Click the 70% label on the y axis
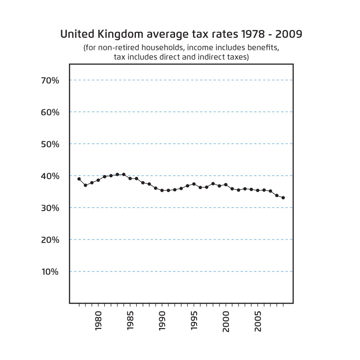click(x=50, y=81)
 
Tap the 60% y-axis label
click(x=50, y=112)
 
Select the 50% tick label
click(x=50, y=144)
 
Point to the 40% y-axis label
click(x=50, y=176)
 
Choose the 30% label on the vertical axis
click(x=50, y=208)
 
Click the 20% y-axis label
click(x=50, y=240)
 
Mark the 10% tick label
click(x=50, y=272)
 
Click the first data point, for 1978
click(x=79, y=179)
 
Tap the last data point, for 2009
click(x=283, y=198)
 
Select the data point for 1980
click(x=92, y=183)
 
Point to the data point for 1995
click(x=193, y=184)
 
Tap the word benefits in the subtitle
click(x=263, y=48)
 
